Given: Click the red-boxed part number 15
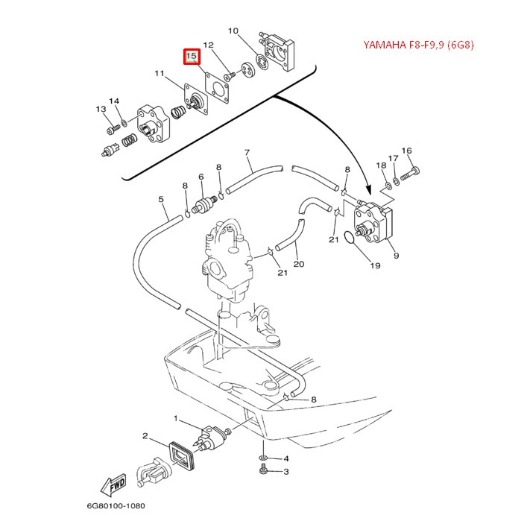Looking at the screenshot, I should click(192, 56).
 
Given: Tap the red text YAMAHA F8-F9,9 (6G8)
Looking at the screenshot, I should click(418, 44).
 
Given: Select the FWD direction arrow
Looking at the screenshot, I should click(116, 486).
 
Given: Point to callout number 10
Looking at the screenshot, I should click(233, 31).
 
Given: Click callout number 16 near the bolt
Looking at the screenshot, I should click(406, 151).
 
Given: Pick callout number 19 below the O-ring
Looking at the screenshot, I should click(374, 265).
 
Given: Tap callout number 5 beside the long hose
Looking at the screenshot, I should click(161, 199).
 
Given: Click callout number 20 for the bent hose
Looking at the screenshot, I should click(298, 264).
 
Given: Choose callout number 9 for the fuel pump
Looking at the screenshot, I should click(396, 256).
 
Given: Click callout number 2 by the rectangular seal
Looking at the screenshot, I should click(145, 436).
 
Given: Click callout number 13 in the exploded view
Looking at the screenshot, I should click(100, 110).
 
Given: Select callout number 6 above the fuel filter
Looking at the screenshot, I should click(201, 177).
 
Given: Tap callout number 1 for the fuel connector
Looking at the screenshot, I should click(176, 419).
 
